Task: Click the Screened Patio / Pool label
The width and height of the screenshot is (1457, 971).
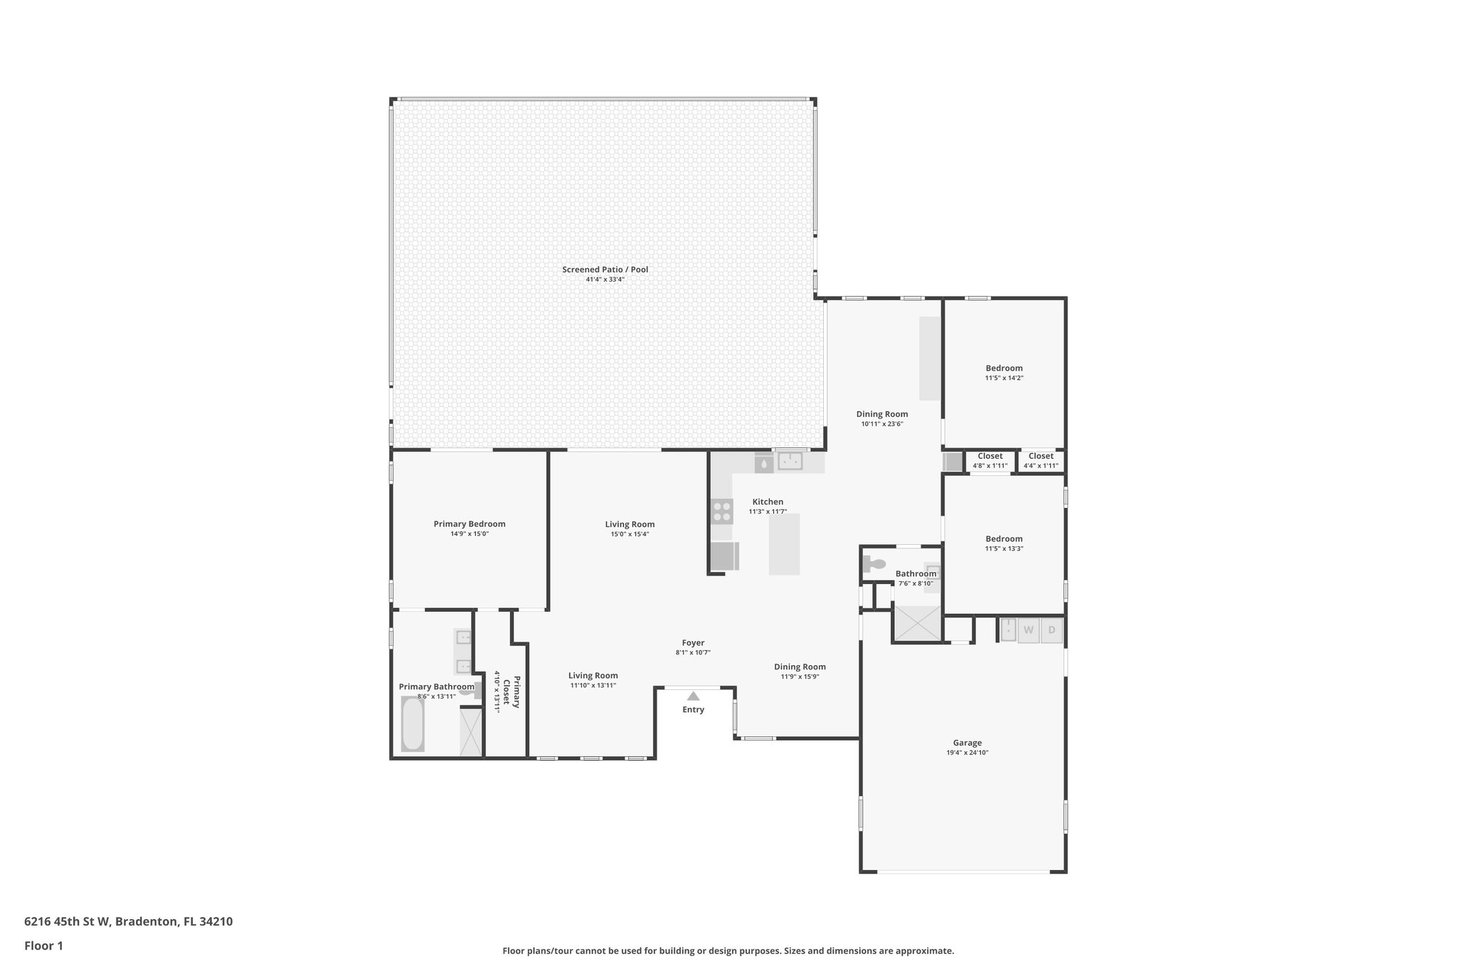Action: pos(605,270)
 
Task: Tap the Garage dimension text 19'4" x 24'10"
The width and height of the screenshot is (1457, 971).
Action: pos(967,753)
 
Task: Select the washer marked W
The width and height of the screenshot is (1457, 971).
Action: pos(1028,630)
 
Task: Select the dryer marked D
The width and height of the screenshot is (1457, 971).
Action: pos(1051,630)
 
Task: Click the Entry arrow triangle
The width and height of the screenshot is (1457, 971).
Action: pos(693,696)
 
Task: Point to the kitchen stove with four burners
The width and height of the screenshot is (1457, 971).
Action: pos(721,512)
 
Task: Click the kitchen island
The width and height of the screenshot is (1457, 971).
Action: pos(784,544)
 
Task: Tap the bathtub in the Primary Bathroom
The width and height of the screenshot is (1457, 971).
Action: pos(413,723)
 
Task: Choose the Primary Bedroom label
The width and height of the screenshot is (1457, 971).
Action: pos(470,524)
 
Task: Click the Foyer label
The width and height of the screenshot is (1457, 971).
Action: pos(693,643)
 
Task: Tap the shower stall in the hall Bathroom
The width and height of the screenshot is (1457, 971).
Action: pos(917,623)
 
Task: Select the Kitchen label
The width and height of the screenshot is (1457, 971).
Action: pos(768,502)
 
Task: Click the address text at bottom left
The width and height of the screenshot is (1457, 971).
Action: pos(128,921)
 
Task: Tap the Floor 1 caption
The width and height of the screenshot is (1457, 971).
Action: pos(43,945)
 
